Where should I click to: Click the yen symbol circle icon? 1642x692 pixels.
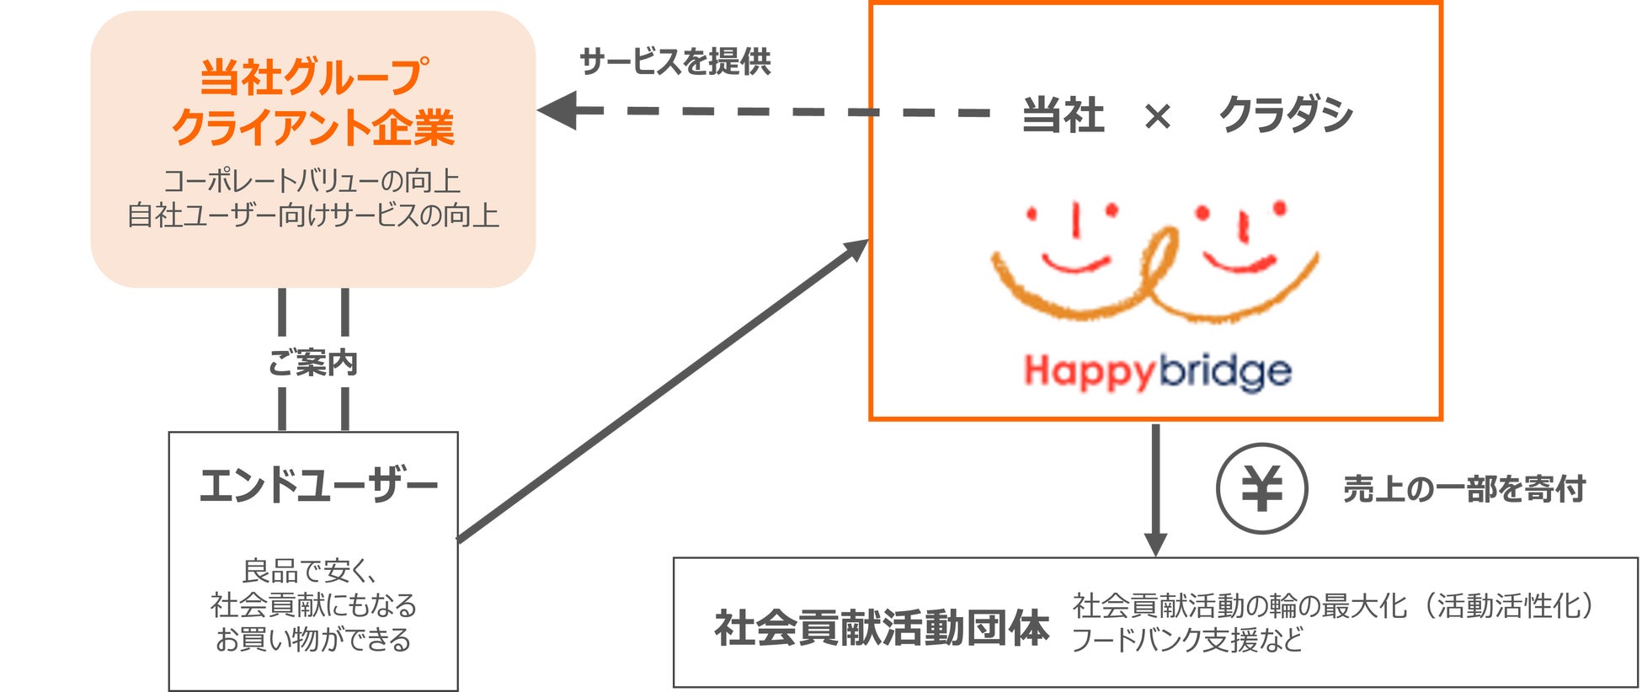click(x=1261, y=488)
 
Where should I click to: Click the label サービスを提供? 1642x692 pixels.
click(x=675, y=61)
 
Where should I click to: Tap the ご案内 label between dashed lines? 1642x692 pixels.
click(x=312, y=363)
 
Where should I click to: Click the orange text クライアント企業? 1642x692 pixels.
click(x=313, y=127)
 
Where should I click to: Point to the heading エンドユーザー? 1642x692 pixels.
click(x=318, y=486)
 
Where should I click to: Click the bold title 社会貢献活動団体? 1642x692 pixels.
click(x=882, y=628)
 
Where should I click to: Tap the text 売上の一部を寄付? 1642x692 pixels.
click(x=1463, y=488)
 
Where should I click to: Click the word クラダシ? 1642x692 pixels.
click(x=1286, y=114)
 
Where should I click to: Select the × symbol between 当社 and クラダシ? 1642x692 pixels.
click(x=1158, y=116)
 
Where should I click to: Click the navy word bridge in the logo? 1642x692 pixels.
click(x=1224, y=371)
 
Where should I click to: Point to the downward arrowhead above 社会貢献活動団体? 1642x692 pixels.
click(x=1155, y=543)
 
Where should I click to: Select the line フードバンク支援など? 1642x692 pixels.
click(x=1186, y=640)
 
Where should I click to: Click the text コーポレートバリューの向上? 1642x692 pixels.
click(x=312, y=181)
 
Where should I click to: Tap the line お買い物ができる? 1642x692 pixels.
click(x=313, y=640)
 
